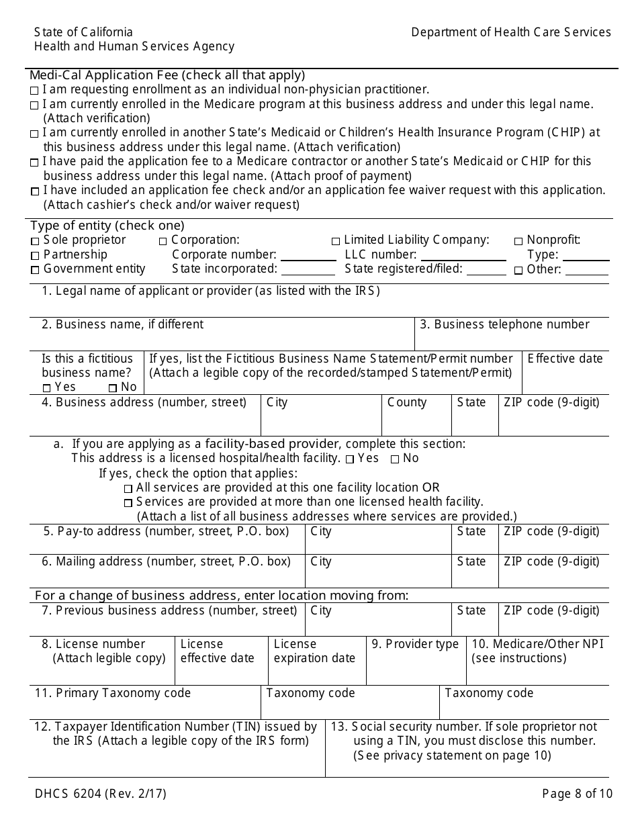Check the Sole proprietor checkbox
point(35,241)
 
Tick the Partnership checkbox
point(35,256)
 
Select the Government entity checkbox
point(35,270)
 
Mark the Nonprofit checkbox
point(518,241)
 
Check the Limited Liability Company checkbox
point(336,241)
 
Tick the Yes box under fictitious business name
point(47,387)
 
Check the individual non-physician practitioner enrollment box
point(34,90)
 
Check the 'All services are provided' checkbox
point(128,489)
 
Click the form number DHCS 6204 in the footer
point(101,794)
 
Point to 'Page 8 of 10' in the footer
point(578,794)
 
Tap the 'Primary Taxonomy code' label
point(113,693)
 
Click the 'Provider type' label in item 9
point(415,644)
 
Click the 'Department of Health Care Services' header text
point(511,32)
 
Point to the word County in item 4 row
point(407,402)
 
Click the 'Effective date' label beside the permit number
point(565,359)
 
